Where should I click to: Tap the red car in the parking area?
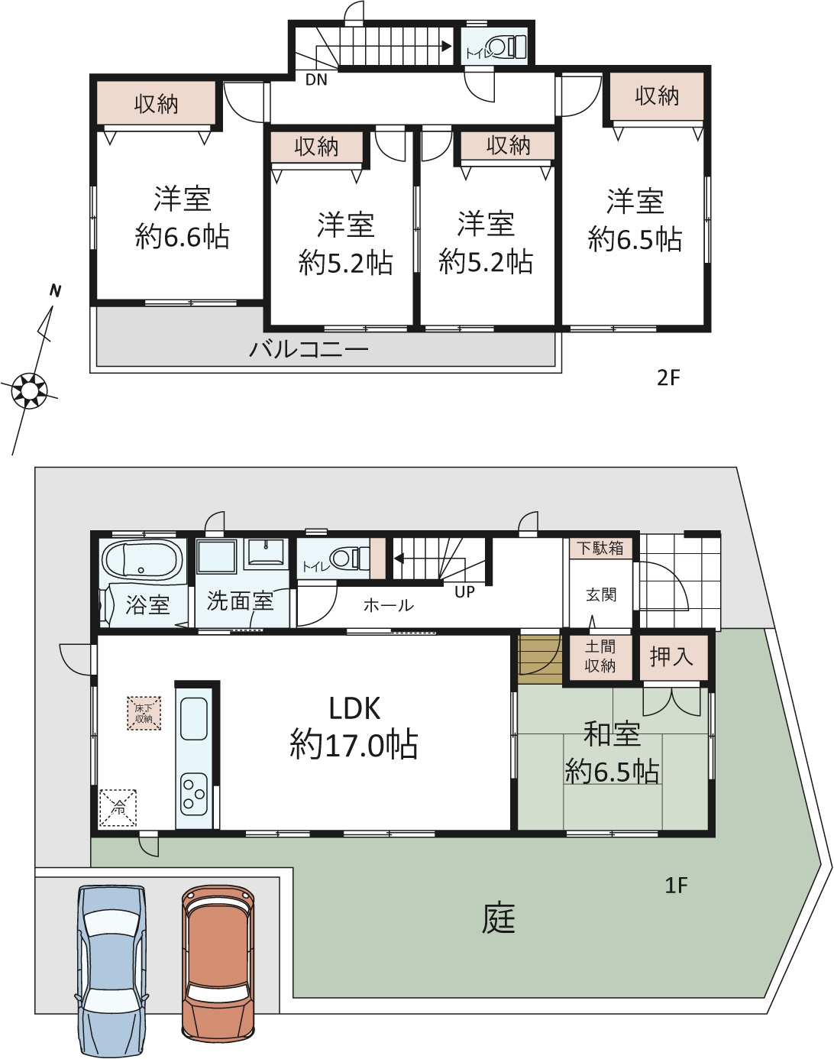(x=218, y=970)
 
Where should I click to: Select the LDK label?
(x=354, y=709)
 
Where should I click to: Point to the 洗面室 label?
(x=240, y=601)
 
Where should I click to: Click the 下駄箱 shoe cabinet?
(x=600, y=548)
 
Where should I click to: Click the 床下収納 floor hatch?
(x=144, y=713)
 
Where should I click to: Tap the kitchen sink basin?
(x=194, y=719)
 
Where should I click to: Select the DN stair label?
(x=316, y=79)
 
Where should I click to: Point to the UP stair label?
(x=464, y=592)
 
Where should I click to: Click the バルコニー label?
(x=309, y=349)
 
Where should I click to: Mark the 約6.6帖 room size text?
(x=182, y=237)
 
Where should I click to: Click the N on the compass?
(x=56, y=291)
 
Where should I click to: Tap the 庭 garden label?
(x=498, y=918)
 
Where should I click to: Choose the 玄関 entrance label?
(x=601, y=594)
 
